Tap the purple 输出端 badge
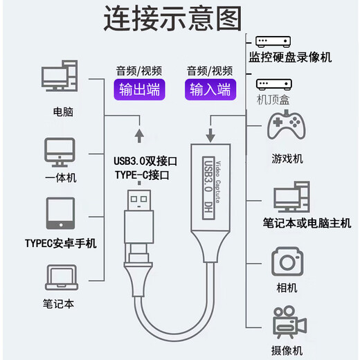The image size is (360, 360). [x=138, y=90]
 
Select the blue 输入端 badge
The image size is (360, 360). [x=210, y=90]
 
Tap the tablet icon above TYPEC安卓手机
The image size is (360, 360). [x=60, y=215]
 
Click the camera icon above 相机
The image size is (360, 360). [x=287, y=262]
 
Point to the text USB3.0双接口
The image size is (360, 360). [x=145, y=161]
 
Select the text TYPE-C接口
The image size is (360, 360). [x=141, y=175]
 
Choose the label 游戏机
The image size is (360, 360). [x=287, y=159]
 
